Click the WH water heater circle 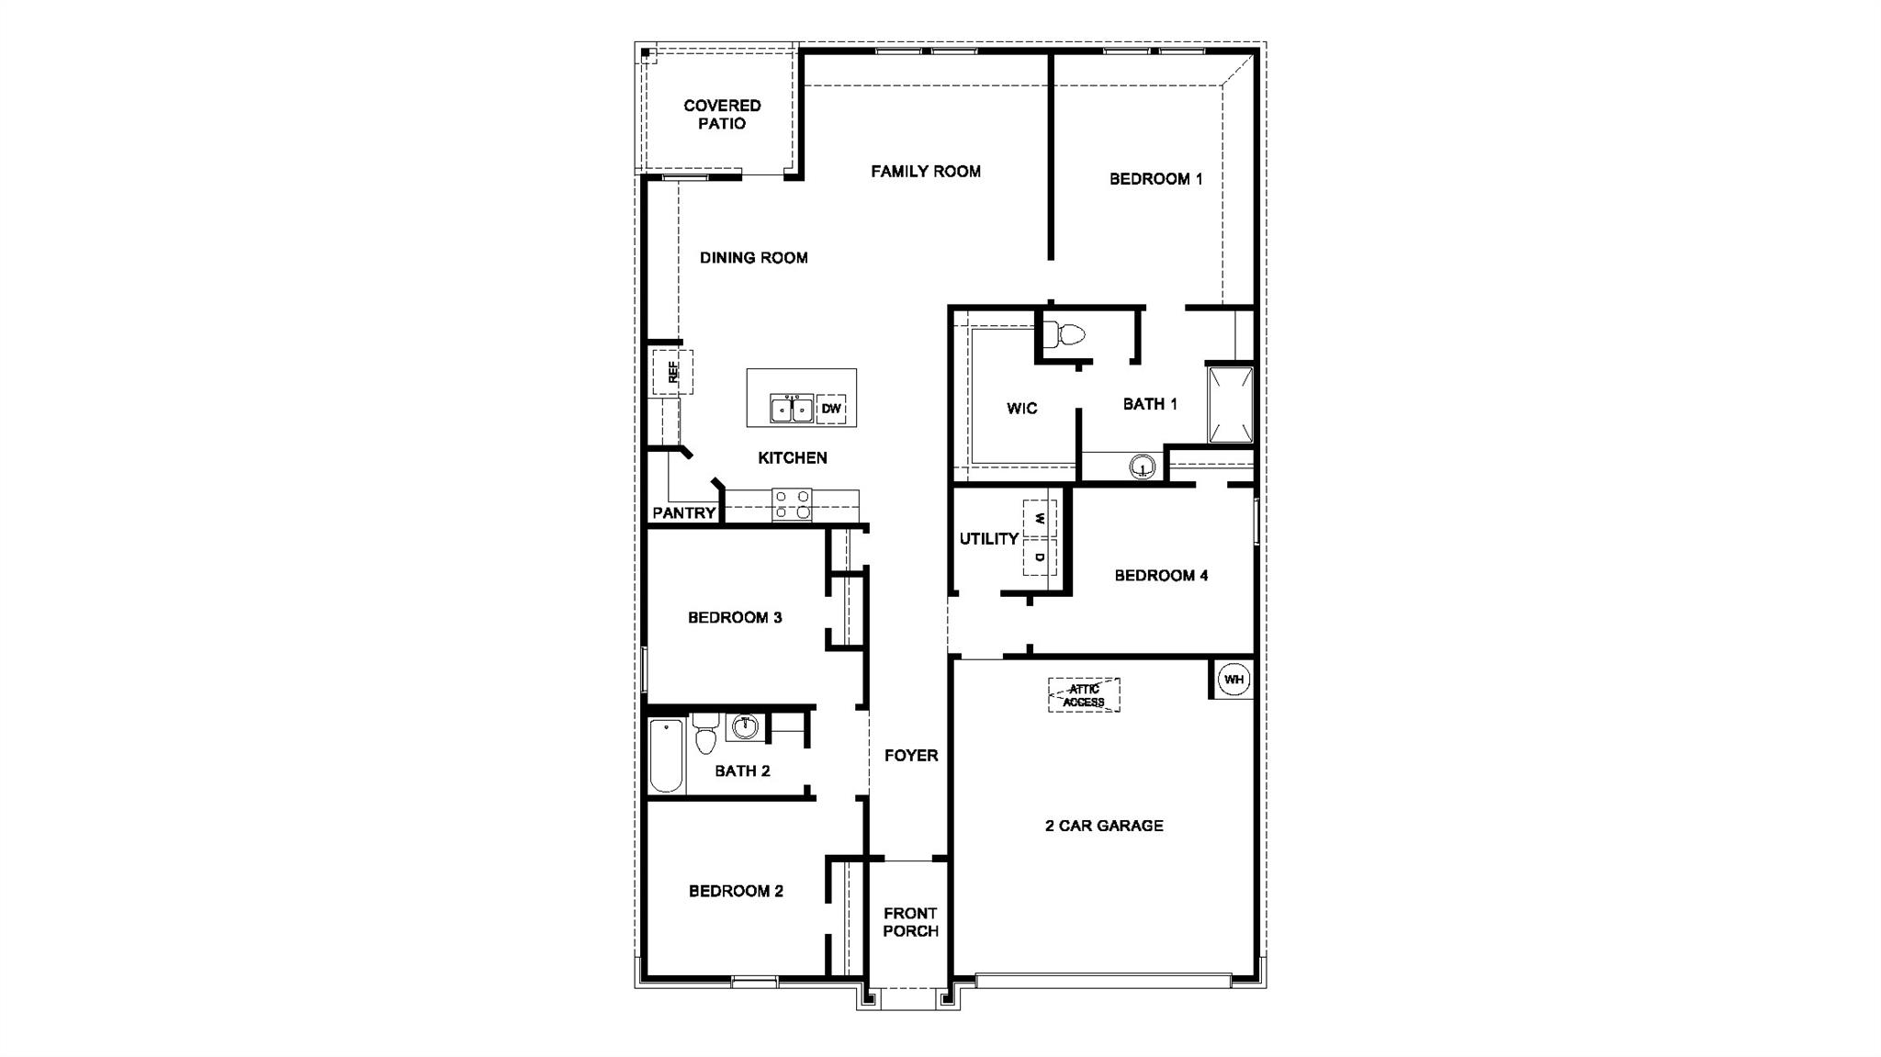click(x=1233, y=680)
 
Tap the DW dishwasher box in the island click(x=831, y=408)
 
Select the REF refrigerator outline click(x=672, y=372)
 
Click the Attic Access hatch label click(x=1084, y=695)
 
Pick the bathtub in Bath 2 click(x=667, y=756)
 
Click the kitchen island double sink click(x=792, y=408)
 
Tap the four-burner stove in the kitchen click(x=792, y=505)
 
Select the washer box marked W click(x=1040, y=519)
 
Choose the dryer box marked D click(x=1040, y=557)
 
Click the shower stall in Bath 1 click(x=1230, y=405)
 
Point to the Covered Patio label click(x=722, y=115)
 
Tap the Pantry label click(x=683, y=512)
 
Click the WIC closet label click(x=1021, y=409)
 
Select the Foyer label click(x=911, y=755)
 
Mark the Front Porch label click(x=910, y=922)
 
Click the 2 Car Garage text click(x=1104, y=826)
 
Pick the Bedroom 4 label click(x=1161, y=576)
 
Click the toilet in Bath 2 click(x=705, y=733)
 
